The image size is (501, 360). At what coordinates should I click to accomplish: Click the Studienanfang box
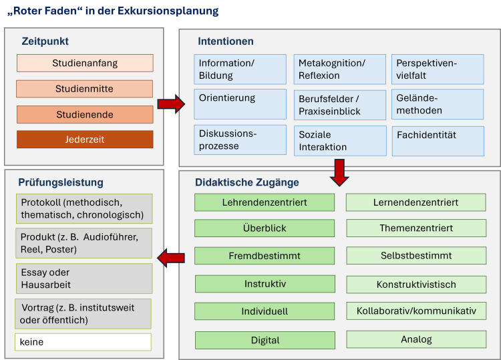pos(85,63)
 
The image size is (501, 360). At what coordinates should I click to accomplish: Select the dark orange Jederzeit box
pos(85,140)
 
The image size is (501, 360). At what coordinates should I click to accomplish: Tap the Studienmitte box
pos(84,88)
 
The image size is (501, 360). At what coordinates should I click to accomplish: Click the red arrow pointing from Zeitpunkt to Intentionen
pos(171,104)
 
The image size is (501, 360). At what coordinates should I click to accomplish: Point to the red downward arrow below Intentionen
pos(339,172)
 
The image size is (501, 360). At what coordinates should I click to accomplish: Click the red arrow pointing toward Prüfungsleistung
pos(171,258)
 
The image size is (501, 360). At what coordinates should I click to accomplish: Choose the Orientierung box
pos(240,104)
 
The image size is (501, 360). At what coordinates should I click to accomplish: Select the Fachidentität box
pos(438,141)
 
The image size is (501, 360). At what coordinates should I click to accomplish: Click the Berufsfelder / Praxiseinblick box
pos(340,105)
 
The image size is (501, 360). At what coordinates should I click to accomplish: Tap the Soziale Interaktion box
pos(340,141)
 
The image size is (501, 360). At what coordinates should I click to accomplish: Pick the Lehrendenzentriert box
pos(265,202)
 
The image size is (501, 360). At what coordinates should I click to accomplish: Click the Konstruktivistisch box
pos(416,285)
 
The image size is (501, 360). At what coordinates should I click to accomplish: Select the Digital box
pos(265,340)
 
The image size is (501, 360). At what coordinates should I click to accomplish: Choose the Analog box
pos(416,339)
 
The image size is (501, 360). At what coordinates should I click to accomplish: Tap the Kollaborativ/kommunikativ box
pos(416,311)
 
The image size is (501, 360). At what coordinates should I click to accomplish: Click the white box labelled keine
pos(83,342)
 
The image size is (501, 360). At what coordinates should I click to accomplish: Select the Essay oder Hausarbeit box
pos(84,279)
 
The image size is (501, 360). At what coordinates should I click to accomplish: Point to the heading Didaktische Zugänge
pos(247,182)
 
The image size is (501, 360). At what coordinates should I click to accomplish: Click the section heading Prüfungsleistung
pos(61,182)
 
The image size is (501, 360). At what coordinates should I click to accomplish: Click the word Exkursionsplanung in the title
pos(168,11)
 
